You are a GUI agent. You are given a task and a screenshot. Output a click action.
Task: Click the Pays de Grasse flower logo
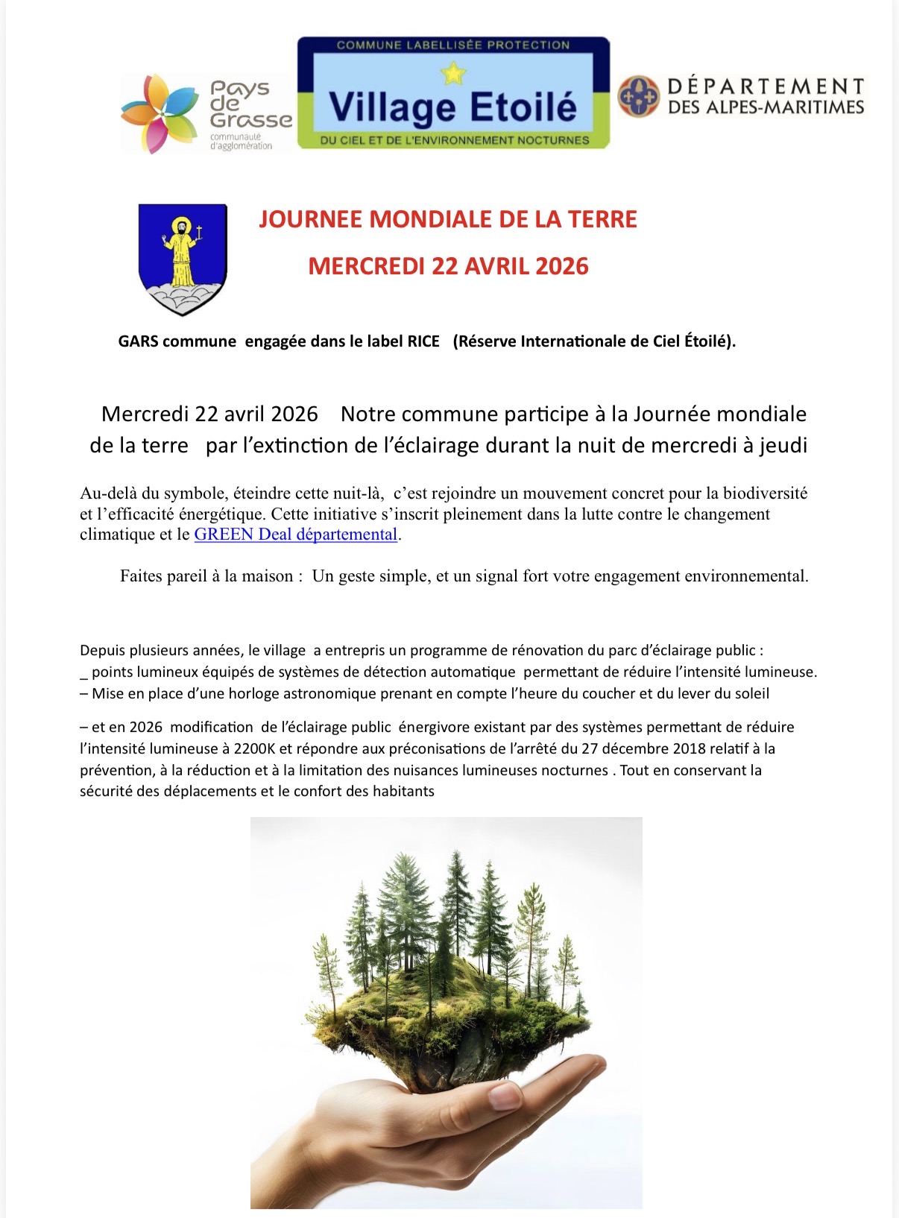click(x=160, y=113)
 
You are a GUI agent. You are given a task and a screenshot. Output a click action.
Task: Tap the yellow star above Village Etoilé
click(x=453, y=73)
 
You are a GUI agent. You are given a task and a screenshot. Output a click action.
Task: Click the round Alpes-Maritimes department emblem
click(x=639, y=96)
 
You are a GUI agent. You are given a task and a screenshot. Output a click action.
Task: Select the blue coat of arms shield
click(x=183, y=258)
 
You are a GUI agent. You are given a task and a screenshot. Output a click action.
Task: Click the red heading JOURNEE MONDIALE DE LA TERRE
click(x=448, y=219)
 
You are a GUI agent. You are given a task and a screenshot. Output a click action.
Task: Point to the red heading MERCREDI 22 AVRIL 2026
click(x=448, y=266)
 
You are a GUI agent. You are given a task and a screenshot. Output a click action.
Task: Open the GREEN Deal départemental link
click(x=295, y=534)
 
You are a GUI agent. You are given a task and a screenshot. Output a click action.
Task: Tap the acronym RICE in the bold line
click(x=423, y=341)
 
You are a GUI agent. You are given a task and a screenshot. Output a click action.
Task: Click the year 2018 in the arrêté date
click(x=689, y=748)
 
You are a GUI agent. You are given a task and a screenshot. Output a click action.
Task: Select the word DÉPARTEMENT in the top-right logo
click(x=766, y=86)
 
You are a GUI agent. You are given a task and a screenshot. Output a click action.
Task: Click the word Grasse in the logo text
click(x=250, y=119)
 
